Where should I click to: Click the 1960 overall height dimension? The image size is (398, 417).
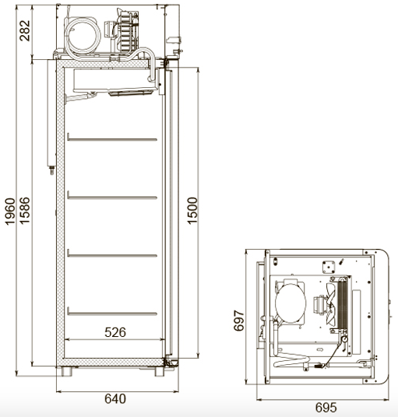click(x=10, y=212)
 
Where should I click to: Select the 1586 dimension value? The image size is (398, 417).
click(x=25, y=211)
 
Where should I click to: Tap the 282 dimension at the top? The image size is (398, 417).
click(x=25, y=30)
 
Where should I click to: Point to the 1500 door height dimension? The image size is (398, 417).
click(x=192, y=211)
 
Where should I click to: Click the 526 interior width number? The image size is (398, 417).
click(x=115, y=332)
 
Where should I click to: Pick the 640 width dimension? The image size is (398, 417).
click(x=115, y=398)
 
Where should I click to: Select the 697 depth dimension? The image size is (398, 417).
click(x=239, y=321)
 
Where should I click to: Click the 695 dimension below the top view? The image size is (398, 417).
click(x=326, y=407)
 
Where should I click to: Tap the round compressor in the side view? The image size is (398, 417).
click(x=83, y=36)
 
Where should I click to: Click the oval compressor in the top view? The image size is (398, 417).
click(x=291, y=303)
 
